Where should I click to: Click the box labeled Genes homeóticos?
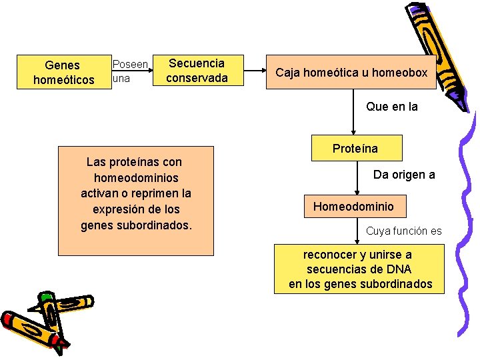[x=62, y=73]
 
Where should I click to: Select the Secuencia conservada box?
[x=197, y=71]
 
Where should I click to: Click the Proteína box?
[x=355, y=148]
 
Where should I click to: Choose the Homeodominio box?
[x=353, y=207]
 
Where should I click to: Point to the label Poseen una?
[x=129, y=71]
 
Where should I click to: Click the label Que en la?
[x=392, y=106]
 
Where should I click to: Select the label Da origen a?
[x=404, y=175]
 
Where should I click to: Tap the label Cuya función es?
[x=403, y=231]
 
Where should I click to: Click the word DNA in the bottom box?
[x=398, y=269]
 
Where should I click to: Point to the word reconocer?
[x=330, y=255]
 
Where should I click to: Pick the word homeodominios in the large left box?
[x=136, y=178]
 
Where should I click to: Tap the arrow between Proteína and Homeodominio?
[x=355, y=178]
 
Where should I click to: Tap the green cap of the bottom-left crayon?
[x=45, y=298]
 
